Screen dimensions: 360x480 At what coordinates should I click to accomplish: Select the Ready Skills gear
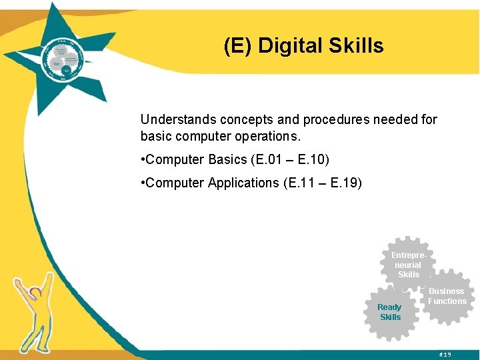[x=391, y=312]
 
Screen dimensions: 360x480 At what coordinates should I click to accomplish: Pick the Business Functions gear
[x=447, y=296]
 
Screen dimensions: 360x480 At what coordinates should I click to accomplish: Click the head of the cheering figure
[x=37, y=291]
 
